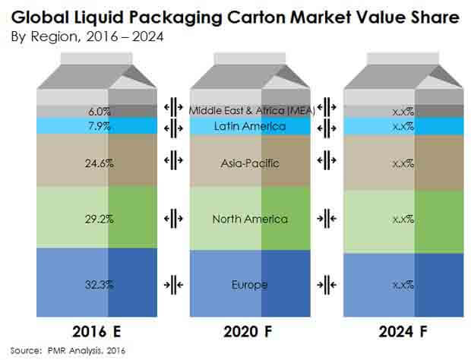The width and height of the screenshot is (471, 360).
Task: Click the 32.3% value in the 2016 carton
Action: [99, 285]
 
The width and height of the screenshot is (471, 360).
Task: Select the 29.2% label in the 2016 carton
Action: [99, 219]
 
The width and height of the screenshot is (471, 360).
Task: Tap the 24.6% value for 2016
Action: [99, 162]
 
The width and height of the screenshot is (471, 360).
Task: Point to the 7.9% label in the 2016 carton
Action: [99, 125]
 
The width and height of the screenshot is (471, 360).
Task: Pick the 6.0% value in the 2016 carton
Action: [99, 111]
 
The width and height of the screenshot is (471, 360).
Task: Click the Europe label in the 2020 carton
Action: [250, 285]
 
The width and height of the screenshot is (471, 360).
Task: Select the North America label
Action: [250, 219]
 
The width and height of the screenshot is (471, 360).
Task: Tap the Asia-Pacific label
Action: [250, 162]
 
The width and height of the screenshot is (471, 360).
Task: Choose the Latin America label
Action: [250, 125]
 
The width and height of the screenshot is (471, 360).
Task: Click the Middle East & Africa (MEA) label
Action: [250, 111]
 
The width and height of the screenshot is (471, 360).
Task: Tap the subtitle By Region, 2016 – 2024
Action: [77, 36]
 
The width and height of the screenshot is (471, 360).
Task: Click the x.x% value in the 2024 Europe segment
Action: [403, 285]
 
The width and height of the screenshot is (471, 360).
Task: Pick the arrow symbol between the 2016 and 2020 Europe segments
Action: [173, 285]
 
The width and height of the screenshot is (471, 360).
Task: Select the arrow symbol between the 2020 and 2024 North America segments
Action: [327, 219]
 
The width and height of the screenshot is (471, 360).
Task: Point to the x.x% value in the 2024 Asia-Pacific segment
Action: [403, 162]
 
